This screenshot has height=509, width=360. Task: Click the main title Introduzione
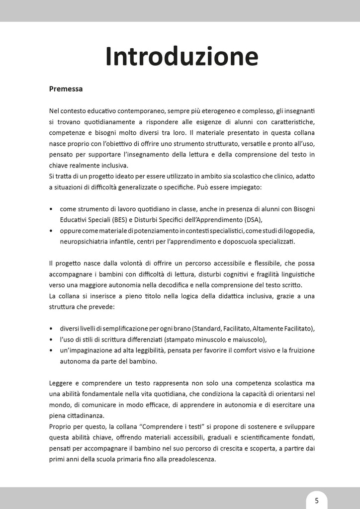point(182,56)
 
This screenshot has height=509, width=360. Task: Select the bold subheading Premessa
point(66,89)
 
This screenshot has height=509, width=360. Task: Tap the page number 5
point(317,501)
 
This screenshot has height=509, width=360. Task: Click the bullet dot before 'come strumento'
point(52,209)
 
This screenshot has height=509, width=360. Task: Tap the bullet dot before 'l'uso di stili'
point(52,340)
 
